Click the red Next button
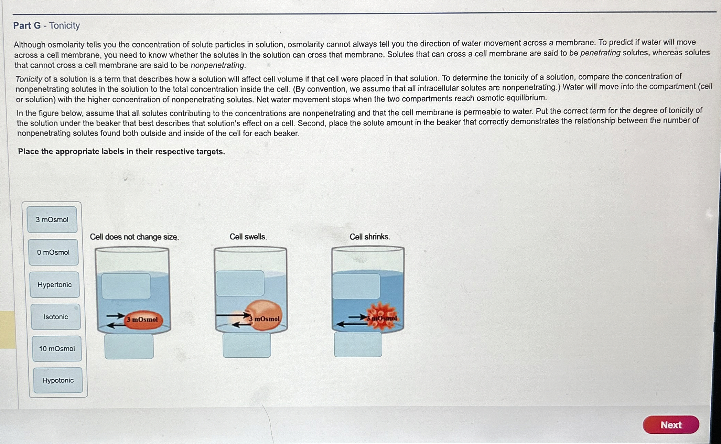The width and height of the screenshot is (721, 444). click(x=670, y=425)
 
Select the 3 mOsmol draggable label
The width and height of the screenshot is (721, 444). click(x=52, y=219)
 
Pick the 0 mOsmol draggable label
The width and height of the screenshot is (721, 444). click(x=53, y=252)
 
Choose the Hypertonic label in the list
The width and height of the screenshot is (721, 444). click(x=55, y=284)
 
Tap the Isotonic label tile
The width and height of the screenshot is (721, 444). click(x=56, y=317)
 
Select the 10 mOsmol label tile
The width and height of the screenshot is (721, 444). click(x=57, y=348)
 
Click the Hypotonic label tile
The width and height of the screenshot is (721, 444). click(x=58, y=380)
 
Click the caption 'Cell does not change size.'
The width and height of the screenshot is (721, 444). click(x=134, y=237)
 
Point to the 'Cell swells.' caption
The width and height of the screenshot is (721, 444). click(x=248, y=237)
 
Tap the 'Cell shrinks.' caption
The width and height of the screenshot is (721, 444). click(x=369, y=237)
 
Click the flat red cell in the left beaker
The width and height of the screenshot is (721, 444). click(x=143, y=320)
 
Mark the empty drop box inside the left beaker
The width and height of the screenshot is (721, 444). click(x=126, y=286)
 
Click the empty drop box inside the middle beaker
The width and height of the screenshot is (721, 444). click(x=240, y=283)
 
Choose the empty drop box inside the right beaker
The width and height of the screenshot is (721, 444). click(x=356, y=286)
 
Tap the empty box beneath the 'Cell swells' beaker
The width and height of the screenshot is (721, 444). click(x=247, y=345)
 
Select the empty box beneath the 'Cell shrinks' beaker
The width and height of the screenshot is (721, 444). click(x=358, y=344)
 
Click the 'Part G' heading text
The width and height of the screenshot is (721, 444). click(x=27, y=25)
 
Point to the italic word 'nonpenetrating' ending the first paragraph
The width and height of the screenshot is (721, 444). click(x=217, y=65)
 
